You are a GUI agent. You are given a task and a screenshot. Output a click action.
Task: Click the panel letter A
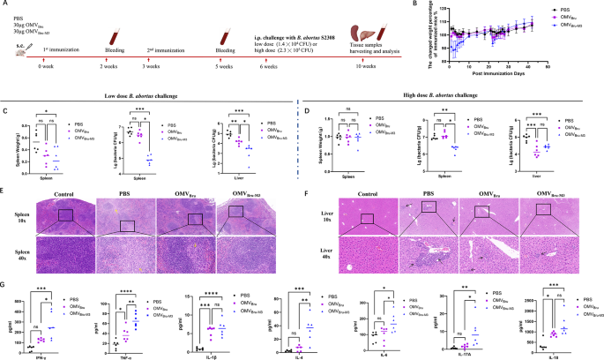coord(5,5)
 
